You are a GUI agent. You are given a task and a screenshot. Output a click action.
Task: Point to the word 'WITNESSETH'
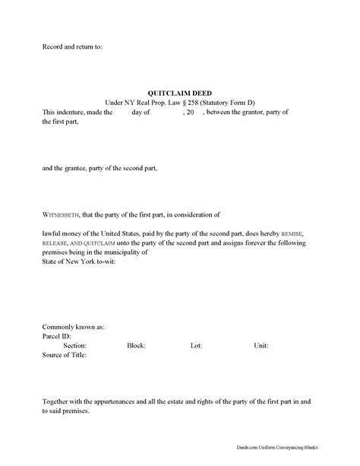62,215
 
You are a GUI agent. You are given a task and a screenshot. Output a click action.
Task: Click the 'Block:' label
136,322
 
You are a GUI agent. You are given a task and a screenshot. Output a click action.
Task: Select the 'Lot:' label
196,322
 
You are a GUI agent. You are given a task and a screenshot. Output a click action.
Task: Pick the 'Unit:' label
261,322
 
